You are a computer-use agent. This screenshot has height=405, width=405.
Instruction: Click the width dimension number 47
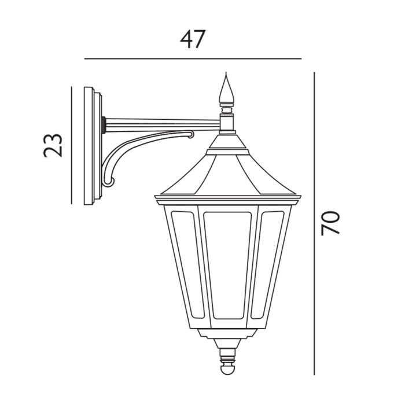(x=193, y=39)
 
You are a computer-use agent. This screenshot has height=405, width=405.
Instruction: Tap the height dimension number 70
(x=330, y=223)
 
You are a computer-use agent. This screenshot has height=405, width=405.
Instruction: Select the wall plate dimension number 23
(x=53, y=145)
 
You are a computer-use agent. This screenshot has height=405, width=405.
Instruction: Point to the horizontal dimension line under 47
(x=193, y=58)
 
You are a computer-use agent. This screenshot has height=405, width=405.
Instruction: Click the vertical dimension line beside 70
(x=314, y=223)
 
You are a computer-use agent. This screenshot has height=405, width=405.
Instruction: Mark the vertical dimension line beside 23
(x=71, y=145)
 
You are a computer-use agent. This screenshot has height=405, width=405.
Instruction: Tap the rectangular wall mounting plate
(x=91, y=146)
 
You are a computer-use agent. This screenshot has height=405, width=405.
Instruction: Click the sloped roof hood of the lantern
(x=229, y=174)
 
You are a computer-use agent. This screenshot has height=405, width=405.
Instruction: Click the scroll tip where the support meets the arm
(x=190, y=135)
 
